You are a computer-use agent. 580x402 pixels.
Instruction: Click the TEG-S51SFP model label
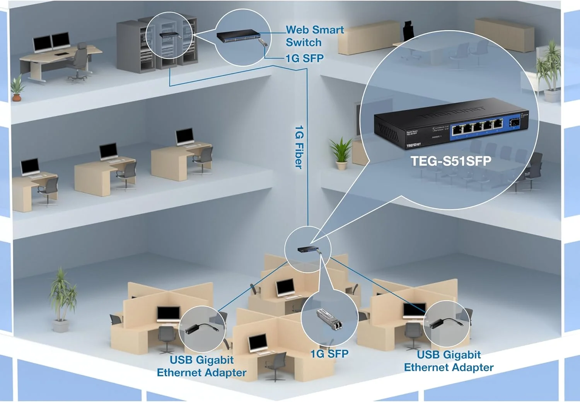[450, 161]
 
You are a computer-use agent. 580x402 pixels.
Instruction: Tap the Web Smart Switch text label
[314, 36]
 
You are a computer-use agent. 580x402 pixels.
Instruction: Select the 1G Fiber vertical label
[299, 147]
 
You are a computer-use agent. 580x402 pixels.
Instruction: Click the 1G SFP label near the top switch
[304, 58]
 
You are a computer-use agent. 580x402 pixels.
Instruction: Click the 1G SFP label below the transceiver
[329, 354]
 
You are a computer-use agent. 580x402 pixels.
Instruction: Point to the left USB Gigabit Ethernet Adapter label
[201, 366]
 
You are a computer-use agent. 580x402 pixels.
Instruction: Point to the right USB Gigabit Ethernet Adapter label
[449, 361]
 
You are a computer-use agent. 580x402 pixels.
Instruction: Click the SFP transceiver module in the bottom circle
[329, 320]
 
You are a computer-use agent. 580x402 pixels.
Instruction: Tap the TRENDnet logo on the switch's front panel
[413, 145]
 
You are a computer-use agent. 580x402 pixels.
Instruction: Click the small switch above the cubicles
[307, 250]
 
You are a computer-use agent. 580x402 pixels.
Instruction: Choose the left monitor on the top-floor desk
[42, 44]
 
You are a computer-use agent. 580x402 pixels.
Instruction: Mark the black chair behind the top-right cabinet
[408, 30]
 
